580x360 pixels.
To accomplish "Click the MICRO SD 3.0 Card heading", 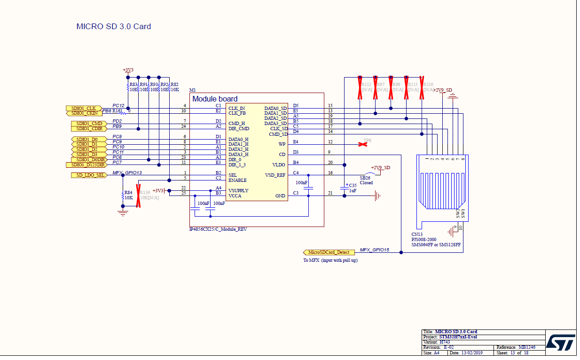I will pos(114,26).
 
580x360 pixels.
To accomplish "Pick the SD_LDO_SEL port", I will pos(88,175).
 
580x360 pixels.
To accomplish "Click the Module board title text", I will pos(215,99).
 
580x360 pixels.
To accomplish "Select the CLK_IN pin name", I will pos(236,108).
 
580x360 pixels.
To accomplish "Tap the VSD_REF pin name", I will pos(275,175).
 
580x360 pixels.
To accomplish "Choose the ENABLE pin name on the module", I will pos(237,180).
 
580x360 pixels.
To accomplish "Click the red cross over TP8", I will pos(363,144).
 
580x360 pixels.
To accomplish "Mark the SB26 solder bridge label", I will pos(365,178).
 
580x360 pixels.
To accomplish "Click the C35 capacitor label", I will pos(353,186).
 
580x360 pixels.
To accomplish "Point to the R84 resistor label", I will pos(128,192).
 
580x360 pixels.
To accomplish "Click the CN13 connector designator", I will pos(417,234).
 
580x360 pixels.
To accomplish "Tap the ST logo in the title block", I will pos(560,344).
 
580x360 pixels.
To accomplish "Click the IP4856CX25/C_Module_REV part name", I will pos(218,229).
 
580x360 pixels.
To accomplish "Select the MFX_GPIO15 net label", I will pos(375,250).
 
